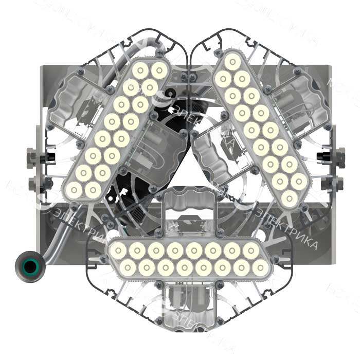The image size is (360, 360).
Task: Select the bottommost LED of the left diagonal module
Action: pyautogui.click(x=74, y=191)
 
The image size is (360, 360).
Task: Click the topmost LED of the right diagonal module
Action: pyautogui.click(x=232, y=63)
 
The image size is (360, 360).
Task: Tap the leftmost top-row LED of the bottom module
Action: pyautogui.click(x=119, y=250)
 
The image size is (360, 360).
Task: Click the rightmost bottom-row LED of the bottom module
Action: pyautogui.click(x=260, y=267)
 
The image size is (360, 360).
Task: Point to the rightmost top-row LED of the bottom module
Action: pyautogui.click(x=251, y=250)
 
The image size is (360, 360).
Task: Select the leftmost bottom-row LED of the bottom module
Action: pyautogui.click(x=128, y=267)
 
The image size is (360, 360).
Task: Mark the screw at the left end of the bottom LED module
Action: pyautogui.click(x=108, y=259)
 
